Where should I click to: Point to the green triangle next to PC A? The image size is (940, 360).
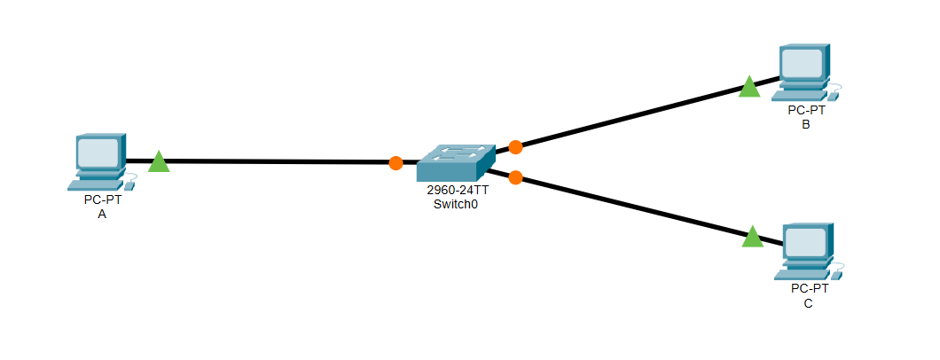pyautogui.click(x=159, y=162)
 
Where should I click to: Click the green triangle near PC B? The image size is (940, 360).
pyautogui.click(x=749, y=87)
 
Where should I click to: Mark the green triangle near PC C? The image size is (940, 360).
pyautogui.click(x=752, y=237)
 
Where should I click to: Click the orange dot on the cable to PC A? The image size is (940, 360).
pyautogui.click(x=396, y=163)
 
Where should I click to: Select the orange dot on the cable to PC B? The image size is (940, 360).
pyautogui.click(x=515, y=146)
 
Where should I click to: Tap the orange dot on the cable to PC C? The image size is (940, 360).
pyautogui.click(x=515, y=177)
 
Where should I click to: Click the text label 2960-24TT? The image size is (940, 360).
pyautogui.click(x=457, y=191)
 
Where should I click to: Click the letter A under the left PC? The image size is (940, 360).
pyautogui.click(x=102, y=214)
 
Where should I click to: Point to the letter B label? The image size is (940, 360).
pyautogui.click(x=805, y=124)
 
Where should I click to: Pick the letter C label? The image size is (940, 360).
pyautogui.click(x=808, y=303)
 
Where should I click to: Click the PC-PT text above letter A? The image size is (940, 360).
pyautogui.click(x=103, y=200)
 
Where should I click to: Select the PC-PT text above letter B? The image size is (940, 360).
pyautogui.click(x=806, y=111)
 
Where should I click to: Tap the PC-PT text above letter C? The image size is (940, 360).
pyautogui.click(x=810, y=289)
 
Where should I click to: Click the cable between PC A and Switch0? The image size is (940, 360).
pyautogui.click(x=275, y=162)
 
